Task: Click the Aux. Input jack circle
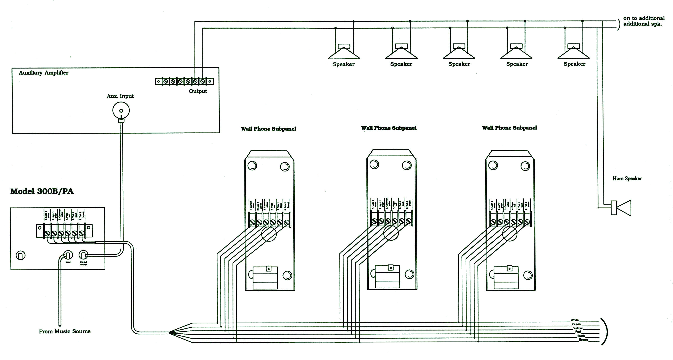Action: point(121,110)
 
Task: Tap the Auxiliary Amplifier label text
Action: point(44,73)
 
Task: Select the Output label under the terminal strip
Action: point(198,91)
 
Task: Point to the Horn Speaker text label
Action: point(627,179)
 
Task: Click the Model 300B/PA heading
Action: point(42,191)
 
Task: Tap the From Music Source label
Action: point(65,332)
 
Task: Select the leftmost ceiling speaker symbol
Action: point(344,52)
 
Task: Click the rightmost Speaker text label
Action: point(574,64)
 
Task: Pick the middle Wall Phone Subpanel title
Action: point(389,128)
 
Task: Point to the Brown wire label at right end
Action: point(583,339)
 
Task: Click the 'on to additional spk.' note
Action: point(644,21)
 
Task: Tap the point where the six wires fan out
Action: point(170,333)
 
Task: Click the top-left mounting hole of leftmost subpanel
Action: point(252,166)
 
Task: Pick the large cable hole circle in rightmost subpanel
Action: point(509,233)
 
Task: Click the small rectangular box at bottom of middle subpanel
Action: point(387,277)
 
